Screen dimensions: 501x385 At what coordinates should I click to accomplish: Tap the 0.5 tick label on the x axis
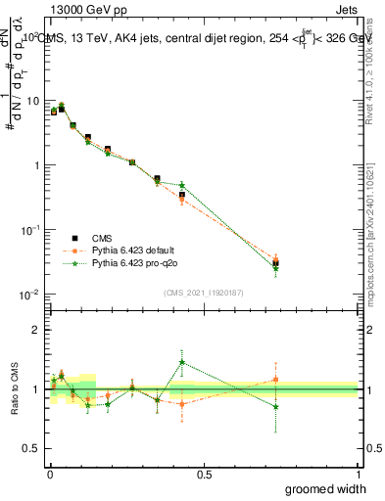point(203,473)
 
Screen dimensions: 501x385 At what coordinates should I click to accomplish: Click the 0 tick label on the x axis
point(48,473)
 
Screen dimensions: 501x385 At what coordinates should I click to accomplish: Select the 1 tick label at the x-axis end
point(358,473)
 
